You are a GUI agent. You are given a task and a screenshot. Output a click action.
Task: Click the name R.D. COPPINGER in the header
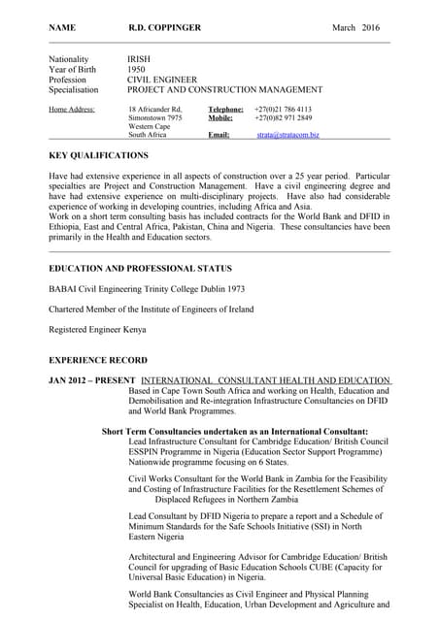coord(164,28)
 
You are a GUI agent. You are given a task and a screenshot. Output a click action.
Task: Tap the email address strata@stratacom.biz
coord(288,136)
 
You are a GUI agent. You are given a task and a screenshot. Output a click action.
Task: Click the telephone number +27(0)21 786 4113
coord(283,110)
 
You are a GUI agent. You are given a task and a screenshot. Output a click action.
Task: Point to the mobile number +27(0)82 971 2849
coord(283,118)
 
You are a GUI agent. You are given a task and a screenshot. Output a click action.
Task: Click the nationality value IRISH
coord(139,60)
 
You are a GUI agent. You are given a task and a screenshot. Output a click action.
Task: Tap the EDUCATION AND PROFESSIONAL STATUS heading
coord(140,268)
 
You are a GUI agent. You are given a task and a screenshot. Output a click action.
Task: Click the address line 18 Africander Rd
coord(155,110)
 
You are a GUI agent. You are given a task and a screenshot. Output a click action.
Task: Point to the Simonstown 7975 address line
coord(155,118)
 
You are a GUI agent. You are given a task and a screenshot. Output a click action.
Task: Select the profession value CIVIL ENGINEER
coord(162,80)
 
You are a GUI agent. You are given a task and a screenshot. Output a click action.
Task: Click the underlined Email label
coord(219,136)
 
